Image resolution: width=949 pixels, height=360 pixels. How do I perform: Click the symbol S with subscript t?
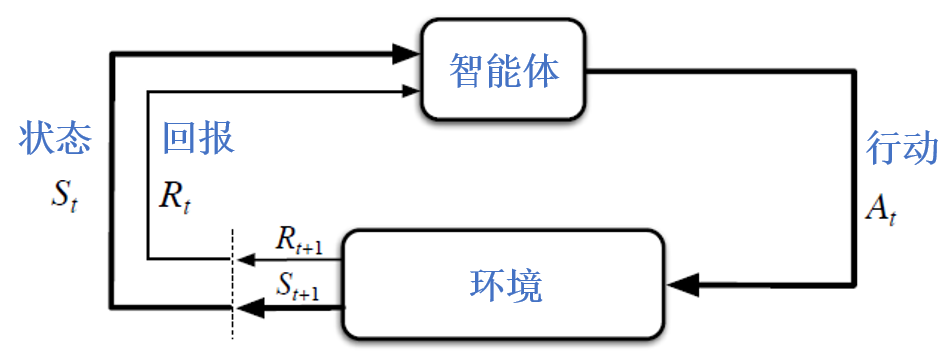pyautogui.click(x=65, y=193)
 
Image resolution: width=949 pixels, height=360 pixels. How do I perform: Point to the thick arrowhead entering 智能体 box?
pyautogui.click(x=406, y=51)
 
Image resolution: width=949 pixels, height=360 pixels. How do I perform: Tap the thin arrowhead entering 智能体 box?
pyautogui.click(x=409, y=92)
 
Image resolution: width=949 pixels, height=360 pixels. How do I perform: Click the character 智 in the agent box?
pyautogui.click(x=468, y=71)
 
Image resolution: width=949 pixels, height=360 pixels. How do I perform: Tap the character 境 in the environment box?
pyautogui.click(x=524, y=286)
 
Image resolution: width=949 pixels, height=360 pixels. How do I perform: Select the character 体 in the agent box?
pyautogui.click(x=543, y=71)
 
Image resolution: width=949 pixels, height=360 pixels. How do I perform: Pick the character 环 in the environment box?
pyautogui.click(x=486, y=286)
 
